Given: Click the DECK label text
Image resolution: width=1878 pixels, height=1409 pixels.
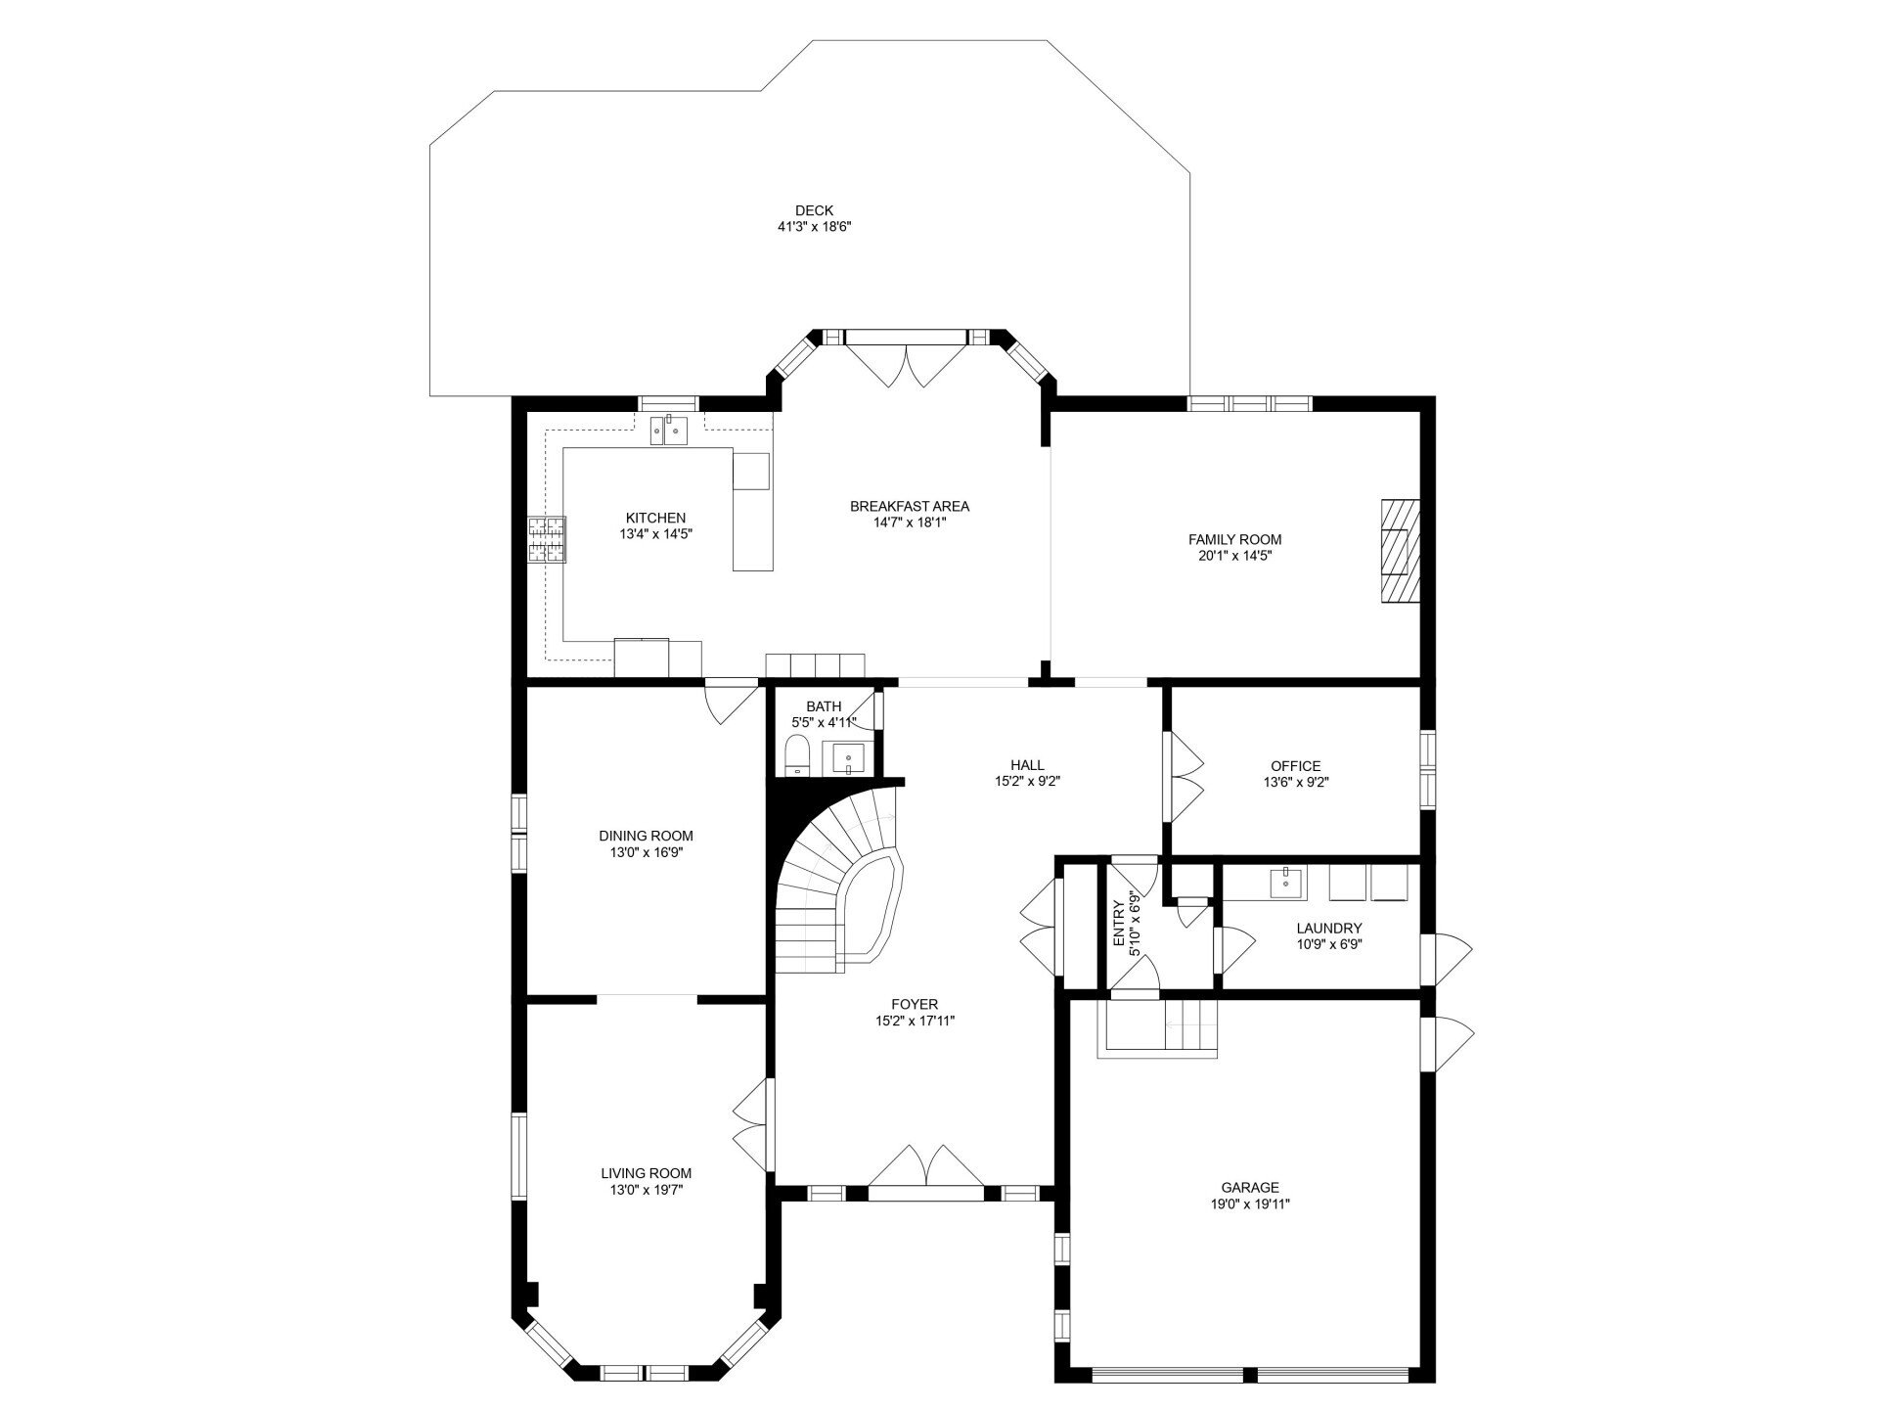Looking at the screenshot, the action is pos(814,210).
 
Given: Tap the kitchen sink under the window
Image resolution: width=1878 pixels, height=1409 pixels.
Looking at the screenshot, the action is pos(670,430).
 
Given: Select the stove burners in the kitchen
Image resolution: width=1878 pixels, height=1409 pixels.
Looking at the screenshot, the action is pos(547,539).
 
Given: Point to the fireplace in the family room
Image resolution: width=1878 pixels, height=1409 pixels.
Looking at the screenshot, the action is pos(1400,553).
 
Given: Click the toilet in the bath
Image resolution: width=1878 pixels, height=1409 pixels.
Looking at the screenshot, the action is pos(797,756).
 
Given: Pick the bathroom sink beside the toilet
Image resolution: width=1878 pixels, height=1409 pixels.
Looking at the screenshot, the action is pos(844,757).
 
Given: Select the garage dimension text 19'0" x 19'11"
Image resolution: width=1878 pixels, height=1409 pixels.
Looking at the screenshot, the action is pos(1249,1204).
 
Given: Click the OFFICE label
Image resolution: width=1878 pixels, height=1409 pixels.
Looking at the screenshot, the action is pos(1296,766).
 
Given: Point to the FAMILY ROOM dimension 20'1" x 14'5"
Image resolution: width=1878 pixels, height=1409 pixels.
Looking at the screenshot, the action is pos(1234,555).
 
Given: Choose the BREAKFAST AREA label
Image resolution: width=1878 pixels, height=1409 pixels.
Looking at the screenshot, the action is pos(910,506).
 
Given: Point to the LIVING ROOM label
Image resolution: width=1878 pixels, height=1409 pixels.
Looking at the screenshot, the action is pos(647,1173).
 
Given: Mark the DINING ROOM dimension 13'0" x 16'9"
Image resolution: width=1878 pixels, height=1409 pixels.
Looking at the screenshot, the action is pos(647,852).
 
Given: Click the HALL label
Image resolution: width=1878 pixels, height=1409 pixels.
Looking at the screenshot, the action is pos(1027,765).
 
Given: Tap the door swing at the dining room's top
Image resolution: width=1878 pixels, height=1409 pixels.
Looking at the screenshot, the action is pos(732,701).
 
